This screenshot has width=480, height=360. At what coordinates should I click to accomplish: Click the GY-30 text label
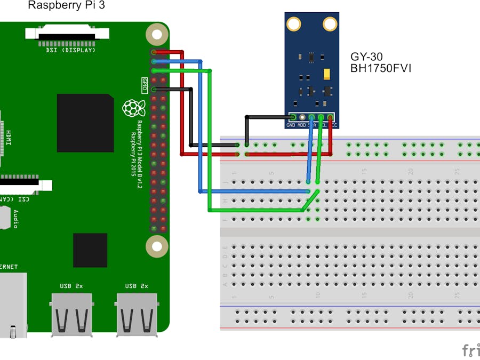366,57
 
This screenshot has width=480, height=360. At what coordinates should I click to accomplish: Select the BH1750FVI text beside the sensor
381,68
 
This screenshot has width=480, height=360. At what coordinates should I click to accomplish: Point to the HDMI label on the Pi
9,139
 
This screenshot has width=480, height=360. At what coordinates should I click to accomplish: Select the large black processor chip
85,123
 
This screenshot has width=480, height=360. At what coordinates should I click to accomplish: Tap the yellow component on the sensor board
327,74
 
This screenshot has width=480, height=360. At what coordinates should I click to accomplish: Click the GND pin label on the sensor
291,125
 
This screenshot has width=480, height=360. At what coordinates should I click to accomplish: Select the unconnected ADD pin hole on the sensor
302,117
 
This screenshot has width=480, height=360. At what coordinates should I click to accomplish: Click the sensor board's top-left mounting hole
293,23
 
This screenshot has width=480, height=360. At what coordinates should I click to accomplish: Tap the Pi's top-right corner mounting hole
156,35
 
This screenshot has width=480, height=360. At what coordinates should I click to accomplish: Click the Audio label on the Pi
15,219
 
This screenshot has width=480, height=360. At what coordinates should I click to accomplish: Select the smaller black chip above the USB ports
90,250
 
